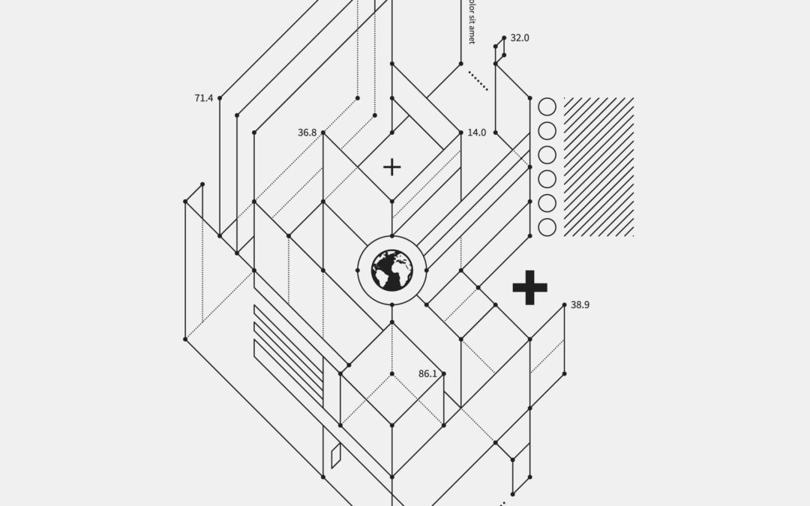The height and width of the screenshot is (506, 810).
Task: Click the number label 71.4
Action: pyautogui.click(x=203, y=98)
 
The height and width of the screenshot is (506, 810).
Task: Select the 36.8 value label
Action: pyautogui.click(x=307, y=133)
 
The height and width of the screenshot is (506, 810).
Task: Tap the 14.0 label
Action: pyautogui.click(x=477, y=133)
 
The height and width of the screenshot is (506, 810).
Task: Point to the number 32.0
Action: pyautogui.click(x=520, y=37)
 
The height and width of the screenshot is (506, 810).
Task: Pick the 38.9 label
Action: pyautogui.click(x=580, y=305)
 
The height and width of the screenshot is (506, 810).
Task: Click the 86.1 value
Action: pyautogui.click(x=427, y=374)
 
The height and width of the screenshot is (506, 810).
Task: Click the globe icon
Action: pyautogui.click(x=391, y=270)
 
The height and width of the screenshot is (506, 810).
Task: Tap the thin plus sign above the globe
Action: pyautogui.click(x=391, y=166)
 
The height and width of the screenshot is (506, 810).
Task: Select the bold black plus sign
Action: pyautogui.click(x=529, y=287)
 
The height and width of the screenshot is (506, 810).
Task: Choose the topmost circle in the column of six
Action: pyautogui.click(x=547, y=106)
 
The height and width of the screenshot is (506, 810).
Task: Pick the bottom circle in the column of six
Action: pyautogui.click(x=547, y=227)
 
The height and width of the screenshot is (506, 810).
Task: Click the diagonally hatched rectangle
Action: pyautogui.click(x=598, y=166)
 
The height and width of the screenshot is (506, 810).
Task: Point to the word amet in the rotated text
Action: pyautogui.click(x=472, y=33)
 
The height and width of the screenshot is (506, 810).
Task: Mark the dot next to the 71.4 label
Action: pyautogui.click(x=220, y=98)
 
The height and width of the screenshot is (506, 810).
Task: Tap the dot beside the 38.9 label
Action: pyautogui.click(x=565, y=305)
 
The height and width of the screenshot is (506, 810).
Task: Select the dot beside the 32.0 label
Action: pyautogui.click(x=504, y=37)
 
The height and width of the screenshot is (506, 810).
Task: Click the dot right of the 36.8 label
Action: pyautogui.click(x=323, y=133)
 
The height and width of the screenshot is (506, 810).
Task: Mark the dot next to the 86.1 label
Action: pyautogui.click(x=444, y=374)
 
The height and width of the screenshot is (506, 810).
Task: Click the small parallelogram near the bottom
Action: pyautogui.click(x=336, y=455)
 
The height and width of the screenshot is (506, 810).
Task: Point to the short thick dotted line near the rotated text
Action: pyautogui.click(x=478, y=81)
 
